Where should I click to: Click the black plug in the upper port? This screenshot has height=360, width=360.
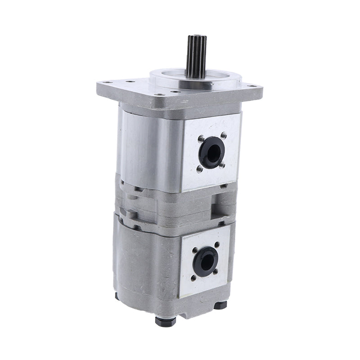coord(210,153)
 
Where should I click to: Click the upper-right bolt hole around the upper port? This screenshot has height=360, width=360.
coord(223,135)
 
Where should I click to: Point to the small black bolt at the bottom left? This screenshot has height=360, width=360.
coord(117,296)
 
